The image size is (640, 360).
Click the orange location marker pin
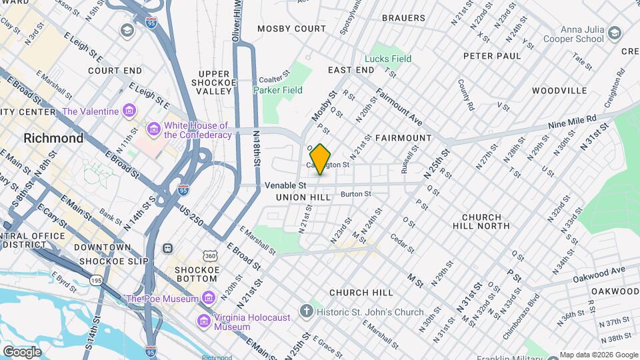tap(320, 159)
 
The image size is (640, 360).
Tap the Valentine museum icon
tap(129, 111)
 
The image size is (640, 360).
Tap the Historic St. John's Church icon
tap(305, 311)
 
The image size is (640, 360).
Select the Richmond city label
tap(53, 139)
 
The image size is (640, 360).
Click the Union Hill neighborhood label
tap(303, 197)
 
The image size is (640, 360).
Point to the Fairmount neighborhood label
tap(403, 138)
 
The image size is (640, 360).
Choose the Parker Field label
tap(278, 90)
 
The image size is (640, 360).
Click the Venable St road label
tap(285, 185)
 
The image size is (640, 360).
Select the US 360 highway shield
tap(210, 256)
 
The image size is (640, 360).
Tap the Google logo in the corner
tap(22, 351)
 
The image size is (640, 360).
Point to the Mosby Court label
tap(291, 29)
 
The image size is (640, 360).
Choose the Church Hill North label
tap(485, 222)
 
